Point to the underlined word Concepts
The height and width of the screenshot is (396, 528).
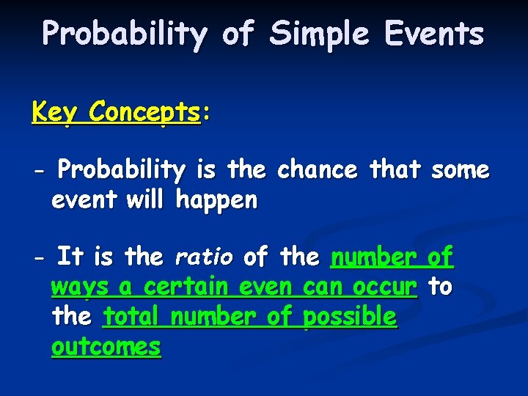(144, 112)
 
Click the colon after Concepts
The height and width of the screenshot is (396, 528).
(206, 114)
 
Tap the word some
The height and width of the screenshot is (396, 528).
(460, 170)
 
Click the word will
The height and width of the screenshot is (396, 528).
(145, 199)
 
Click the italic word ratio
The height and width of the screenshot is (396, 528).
(204, 258)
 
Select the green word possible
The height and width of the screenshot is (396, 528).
(350, 317)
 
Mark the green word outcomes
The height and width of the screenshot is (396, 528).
(106, 346)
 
